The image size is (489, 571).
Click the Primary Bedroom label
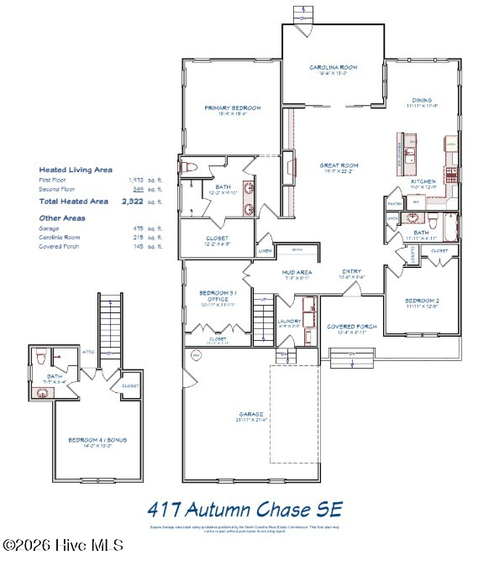pyautogui.click(x=233, y=108)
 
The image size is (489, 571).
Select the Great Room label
pyautogui.click(x=339, y=165)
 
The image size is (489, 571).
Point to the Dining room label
pyautogui.click(x=422, y=100)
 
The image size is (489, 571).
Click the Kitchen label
pyautogui.click(x=422, y=181)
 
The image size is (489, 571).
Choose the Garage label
pyautogui.click(x=250, y=414)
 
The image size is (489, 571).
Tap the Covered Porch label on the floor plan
pyautogui.click(x=351, y=326)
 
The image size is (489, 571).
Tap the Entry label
pyautogui.click(x=351, y=271)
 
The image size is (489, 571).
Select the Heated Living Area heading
pyautogui.click(x=76, y=170)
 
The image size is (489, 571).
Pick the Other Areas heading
pyautogui.click(x=62, y=218)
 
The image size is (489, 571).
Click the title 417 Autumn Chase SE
pyautogui.click(x=244, y=509)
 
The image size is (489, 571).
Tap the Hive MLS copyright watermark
pyautogui.click(x=63, y=546)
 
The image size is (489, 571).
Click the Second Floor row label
pyautogui.click(x=57, y=190)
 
